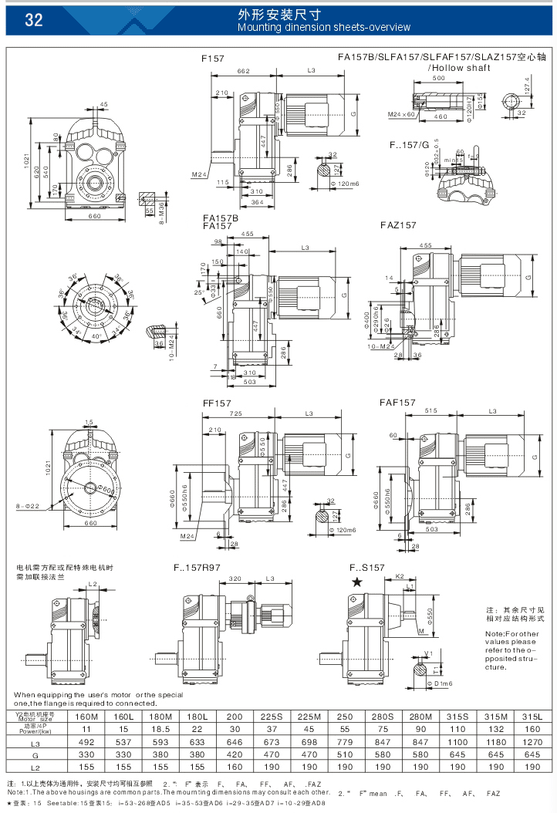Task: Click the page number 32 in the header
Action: (x=33, y=20)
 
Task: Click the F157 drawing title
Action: (x=213, y=58)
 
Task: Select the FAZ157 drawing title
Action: (x=398, y=225)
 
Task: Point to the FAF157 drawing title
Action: (x=397, y=403)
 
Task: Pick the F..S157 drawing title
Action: (x=367, y=568)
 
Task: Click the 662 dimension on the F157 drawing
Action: (x=244, y=71)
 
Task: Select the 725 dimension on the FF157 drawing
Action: (x=235, y=414)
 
